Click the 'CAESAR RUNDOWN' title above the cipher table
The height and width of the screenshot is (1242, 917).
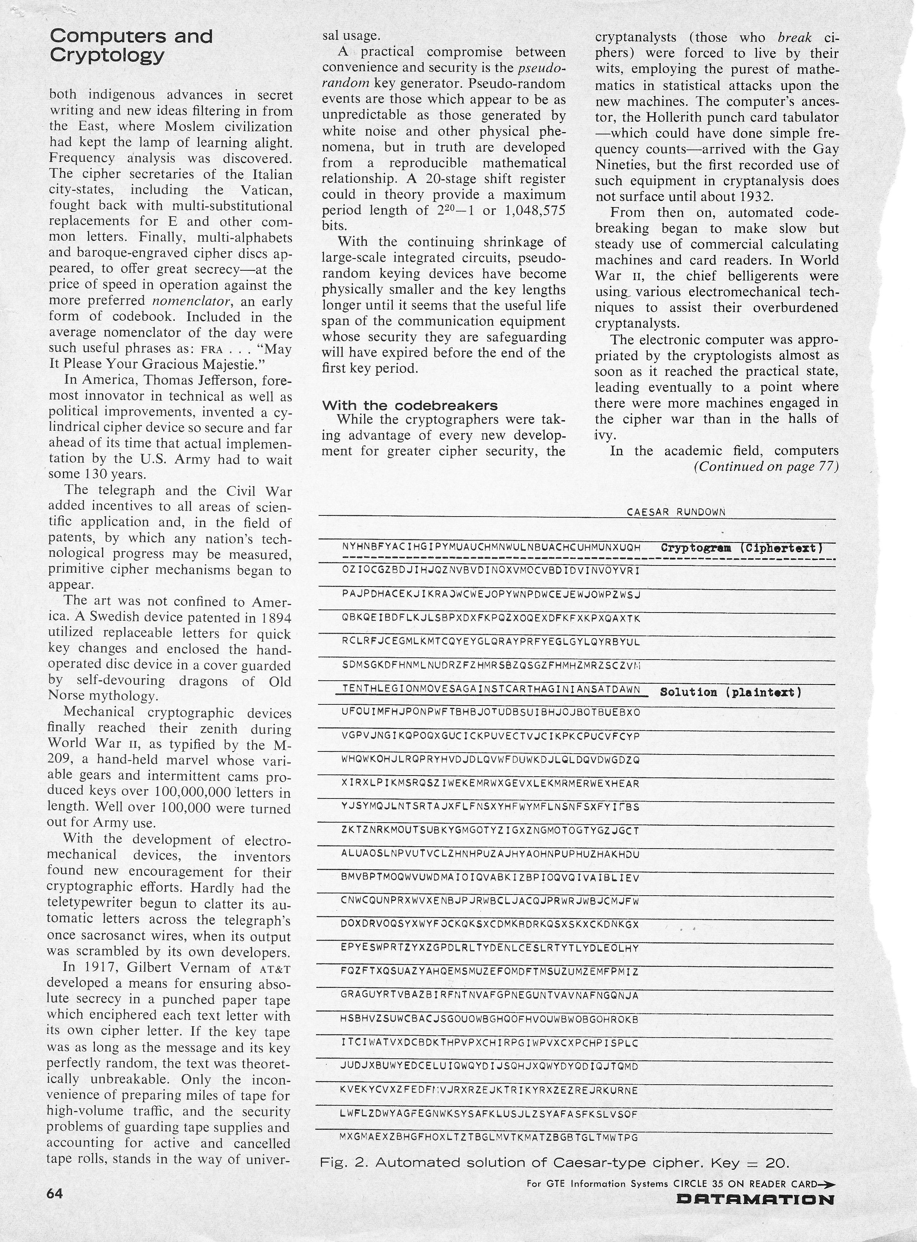[676, 512]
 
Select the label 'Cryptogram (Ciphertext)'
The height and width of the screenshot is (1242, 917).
[742, 548]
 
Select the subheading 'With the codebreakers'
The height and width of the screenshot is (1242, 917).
[410, 405]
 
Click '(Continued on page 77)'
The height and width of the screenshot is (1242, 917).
[766, 467]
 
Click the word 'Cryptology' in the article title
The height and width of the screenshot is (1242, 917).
[107, 55]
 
